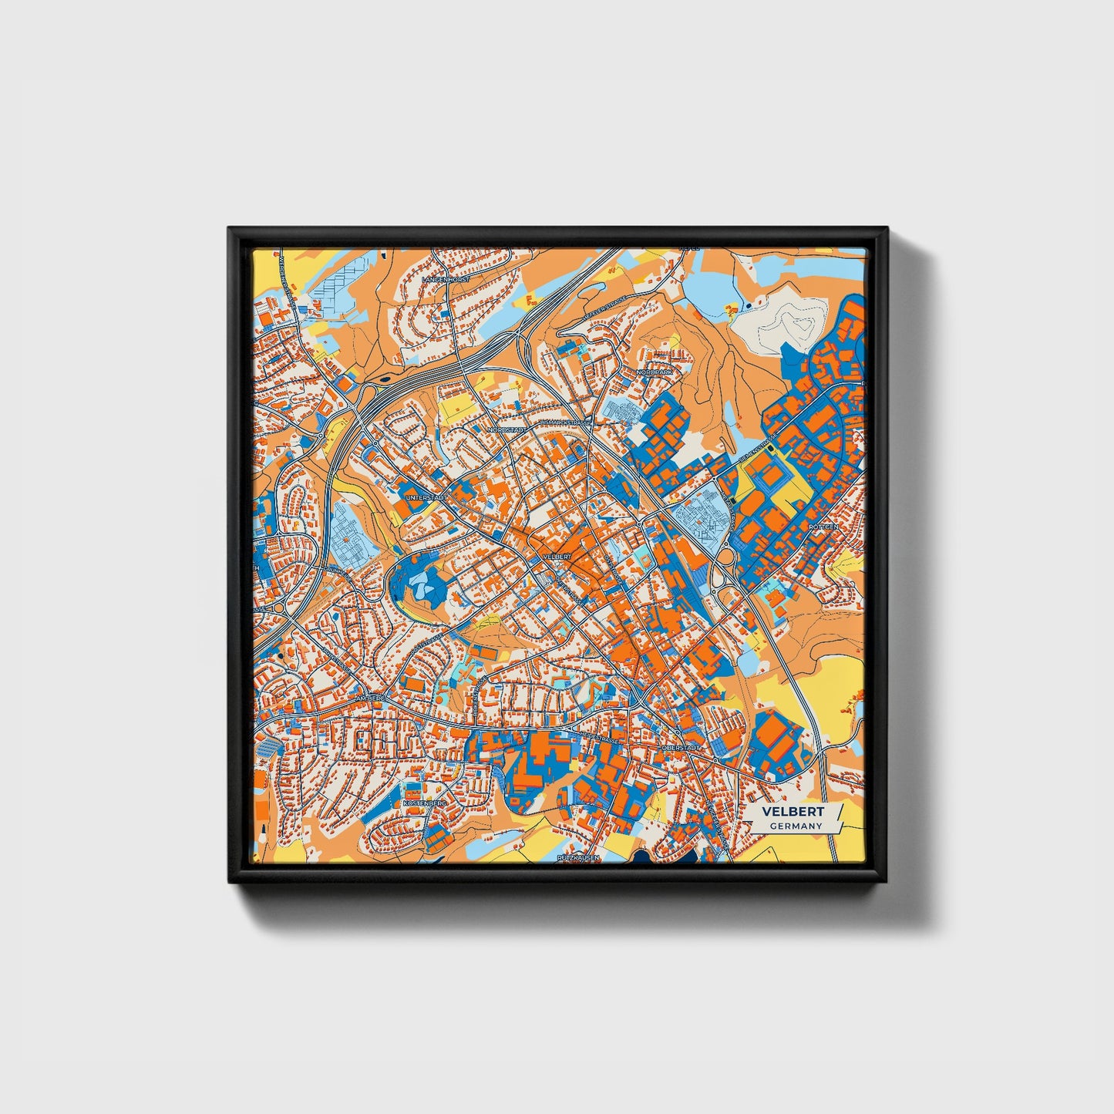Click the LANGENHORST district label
(x=446, y=279)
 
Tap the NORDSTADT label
(x=507, y=429)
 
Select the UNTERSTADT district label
(x=426, y=498)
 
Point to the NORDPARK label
(x=655, y=372)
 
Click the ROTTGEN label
(x=823, y=527)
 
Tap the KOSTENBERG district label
(x=425, y=803)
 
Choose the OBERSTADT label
(x=681, y=748)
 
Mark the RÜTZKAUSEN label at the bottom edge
(x=577, y=857)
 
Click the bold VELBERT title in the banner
(x=793, y=812)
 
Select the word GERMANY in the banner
(x=796, y=826)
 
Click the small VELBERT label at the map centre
(x=557, y=556)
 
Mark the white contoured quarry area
(x=784, y=320)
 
